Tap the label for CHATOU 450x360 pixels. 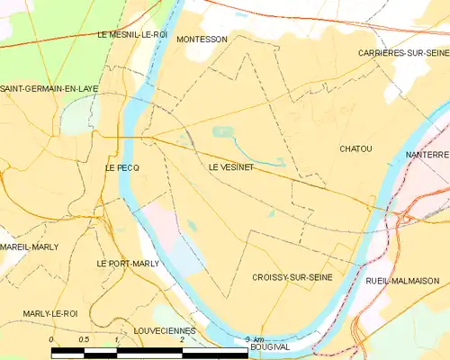tap(355, 148)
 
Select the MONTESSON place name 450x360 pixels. tap(202, 40)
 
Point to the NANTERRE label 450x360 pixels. tap(427, 155)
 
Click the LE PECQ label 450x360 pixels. tap(121, 167)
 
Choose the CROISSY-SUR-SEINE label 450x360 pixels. tap(292, 278)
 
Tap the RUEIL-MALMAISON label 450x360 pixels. tap(402, 281)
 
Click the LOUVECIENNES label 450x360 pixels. tap(158, 330)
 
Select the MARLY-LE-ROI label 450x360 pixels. tap(50, 313)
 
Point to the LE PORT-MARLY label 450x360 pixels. tap(128, 264)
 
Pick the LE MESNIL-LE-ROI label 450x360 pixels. tap(132, 34)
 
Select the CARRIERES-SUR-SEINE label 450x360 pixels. tap(402, 53)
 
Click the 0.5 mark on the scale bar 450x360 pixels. tap(84, 339)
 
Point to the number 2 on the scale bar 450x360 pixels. tap(182, 339)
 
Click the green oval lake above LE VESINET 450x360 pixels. tap(222, 132)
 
